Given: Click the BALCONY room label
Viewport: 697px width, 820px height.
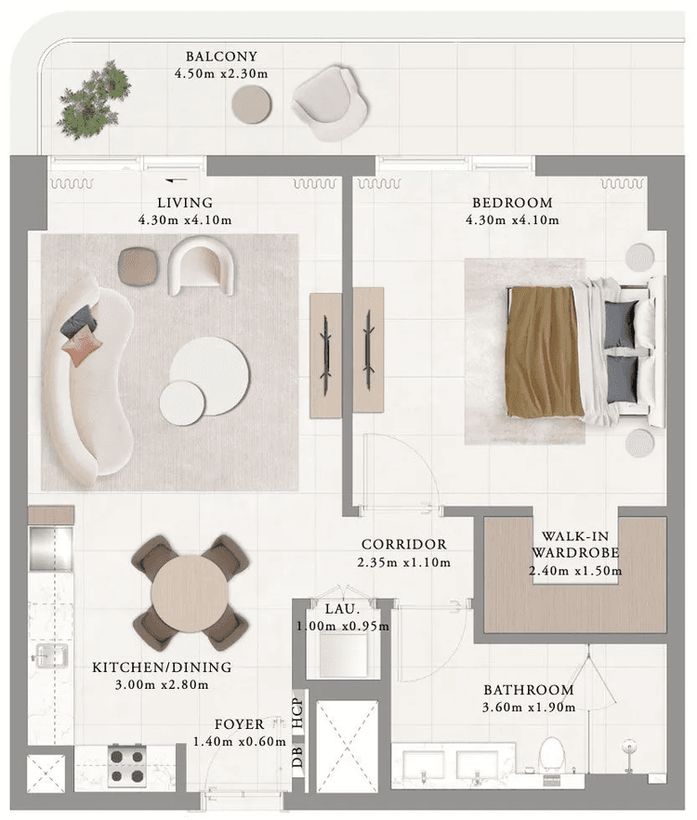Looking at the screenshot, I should [x=221, y=56].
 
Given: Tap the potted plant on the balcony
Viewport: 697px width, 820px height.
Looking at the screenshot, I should [x=93, y=99].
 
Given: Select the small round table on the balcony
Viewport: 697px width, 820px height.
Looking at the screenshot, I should [x=251, y=104].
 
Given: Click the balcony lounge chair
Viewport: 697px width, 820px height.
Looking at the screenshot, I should [x=329, y=102].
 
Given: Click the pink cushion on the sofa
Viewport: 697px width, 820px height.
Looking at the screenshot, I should [x=81, y=349].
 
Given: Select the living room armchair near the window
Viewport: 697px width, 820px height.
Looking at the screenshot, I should [x=201, y=265].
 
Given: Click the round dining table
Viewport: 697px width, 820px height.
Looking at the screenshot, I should [x=191, y=592].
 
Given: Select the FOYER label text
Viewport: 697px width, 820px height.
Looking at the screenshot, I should [x=238, y=723].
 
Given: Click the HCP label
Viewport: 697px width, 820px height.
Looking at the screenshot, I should [x=297, y=713].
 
